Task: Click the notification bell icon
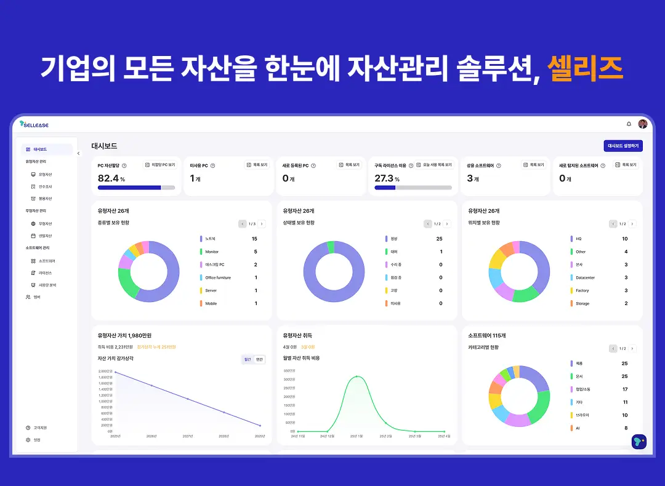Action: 629,124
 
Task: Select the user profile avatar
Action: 642,124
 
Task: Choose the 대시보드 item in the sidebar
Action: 41,149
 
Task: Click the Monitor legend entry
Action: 212,252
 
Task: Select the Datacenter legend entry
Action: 585,277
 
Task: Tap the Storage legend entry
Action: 582,303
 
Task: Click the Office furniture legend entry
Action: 218,277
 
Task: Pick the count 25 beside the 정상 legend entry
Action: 439,239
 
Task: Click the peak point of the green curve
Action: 357,376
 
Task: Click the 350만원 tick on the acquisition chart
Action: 289,371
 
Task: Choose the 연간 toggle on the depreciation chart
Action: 259,359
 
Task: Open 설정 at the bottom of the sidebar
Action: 36,440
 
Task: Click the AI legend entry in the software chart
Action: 578,428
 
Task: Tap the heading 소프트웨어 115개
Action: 487,335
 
